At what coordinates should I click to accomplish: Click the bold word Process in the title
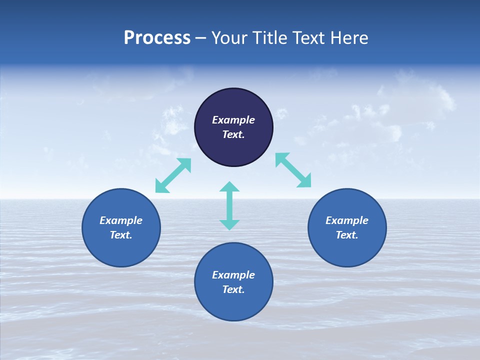coord(157,38)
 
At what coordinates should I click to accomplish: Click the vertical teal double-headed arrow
coord(229,206)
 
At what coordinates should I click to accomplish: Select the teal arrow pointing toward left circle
coord(173,175)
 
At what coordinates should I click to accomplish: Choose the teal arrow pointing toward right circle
coord(293,170)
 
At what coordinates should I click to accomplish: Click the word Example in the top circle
coord(233,120)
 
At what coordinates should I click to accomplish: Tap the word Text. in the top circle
coord(233,134)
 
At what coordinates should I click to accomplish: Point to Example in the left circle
coord(121,220)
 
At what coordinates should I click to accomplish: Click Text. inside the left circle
coord(121,235)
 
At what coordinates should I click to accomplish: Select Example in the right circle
coord(347,220)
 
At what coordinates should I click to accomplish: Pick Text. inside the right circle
coord(347,235)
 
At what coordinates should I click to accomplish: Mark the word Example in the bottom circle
coord(233,275)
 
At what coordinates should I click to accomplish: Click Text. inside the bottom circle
coord(233,289)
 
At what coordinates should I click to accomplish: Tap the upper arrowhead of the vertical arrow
coord(229,187)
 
